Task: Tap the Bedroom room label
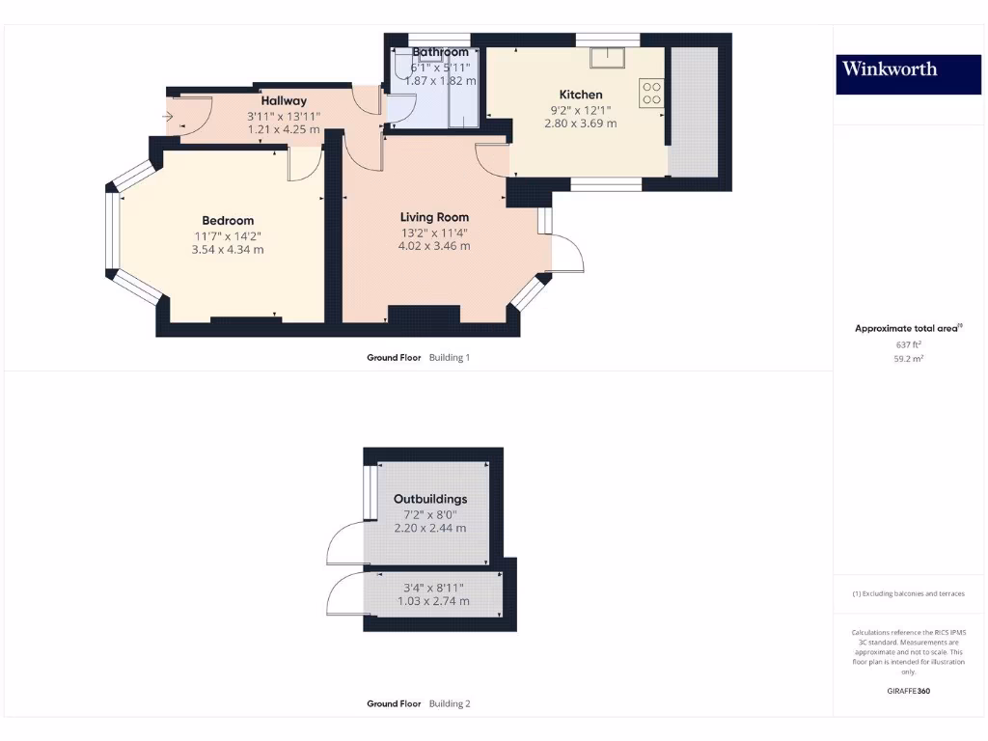tap(229, 220)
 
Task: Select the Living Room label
tap(434, 217)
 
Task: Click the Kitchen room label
tap(581, 95)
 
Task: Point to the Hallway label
tap(284, 100)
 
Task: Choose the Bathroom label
tap(440, 52)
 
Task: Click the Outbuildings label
tap(430, 499)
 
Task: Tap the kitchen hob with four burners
tap(651, 92)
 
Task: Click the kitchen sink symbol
tap(609, 54)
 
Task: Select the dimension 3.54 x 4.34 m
tap(228, 250)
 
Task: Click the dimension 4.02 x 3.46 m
tap(434, 246)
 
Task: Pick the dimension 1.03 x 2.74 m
tap(433, 601)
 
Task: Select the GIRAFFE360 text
tap(908, 691)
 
